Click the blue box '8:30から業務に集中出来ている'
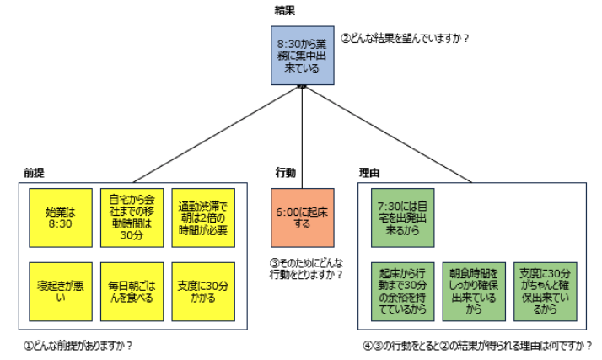301,54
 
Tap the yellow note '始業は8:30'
60,218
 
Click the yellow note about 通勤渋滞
202,218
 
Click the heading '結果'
284,9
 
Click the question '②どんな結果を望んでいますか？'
404,38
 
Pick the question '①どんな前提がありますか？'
79,345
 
